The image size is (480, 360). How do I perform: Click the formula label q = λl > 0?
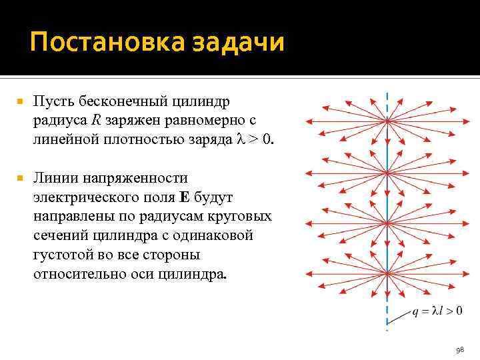[436, 309]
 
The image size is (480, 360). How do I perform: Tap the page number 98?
[459, 349]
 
